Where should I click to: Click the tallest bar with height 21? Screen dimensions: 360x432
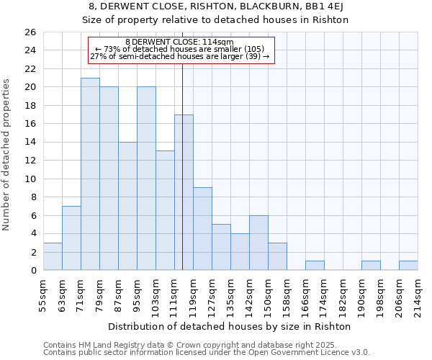click(90, 174)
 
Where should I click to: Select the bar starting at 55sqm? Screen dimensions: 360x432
click(53, 256)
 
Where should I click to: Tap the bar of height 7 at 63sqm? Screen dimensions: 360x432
click(71, 238)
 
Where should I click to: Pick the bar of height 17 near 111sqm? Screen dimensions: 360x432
click(184, 192)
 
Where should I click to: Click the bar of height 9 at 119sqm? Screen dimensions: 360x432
click(202, 229)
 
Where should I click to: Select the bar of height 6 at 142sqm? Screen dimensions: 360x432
click(258, 243)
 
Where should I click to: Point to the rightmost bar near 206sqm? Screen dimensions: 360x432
click(408, 266)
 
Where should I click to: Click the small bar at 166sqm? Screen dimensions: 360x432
click(315, 266)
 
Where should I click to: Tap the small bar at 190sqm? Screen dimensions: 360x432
click(371, 266)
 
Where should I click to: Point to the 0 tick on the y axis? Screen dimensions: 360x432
click(32, 271)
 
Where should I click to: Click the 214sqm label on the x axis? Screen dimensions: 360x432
click(418, 295)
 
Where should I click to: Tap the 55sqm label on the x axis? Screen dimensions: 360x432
click(43, 295)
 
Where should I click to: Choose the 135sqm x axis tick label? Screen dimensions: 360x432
click(230, 295)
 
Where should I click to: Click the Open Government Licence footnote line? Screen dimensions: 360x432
click(207, 353)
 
